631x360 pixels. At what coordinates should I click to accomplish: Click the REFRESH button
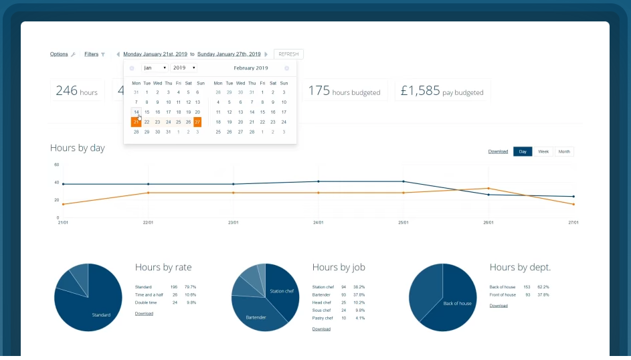[288, 54]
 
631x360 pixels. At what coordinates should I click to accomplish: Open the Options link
[59, 54]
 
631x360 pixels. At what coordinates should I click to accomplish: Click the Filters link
[91, 54]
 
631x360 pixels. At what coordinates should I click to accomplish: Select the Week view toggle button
[543, 152]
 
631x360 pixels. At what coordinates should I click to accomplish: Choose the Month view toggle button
[564, 152]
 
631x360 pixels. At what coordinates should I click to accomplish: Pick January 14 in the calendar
[137, 112]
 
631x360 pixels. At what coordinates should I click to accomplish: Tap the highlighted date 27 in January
[197, 122]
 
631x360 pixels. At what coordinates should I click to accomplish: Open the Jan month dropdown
[155, 68]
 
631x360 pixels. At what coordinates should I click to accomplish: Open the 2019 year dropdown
[183, 68]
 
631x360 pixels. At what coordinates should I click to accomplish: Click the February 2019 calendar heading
[251, 68]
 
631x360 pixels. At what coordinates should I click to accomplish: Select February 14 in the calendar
[252, 112]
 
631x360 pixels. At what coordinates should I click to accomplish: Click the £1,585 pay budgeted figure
[442, 91]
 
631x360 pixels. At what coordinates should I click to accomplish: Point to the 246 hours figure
[77, 91]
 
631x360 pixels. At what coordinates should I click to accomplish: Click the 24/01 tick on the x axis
[319, 222]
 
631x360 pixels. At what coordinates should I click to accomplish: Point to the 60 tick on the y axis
[57, 165]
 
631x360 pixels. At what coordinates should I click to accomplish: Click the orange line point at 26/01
[488, 189]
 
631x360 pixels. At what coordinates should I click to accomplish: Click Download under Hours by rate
[144, 313]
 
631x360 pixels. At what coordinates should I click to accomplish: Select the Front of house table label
[503, 294]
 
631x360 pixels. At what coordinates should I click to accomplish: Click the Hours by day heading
[78, 148]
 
